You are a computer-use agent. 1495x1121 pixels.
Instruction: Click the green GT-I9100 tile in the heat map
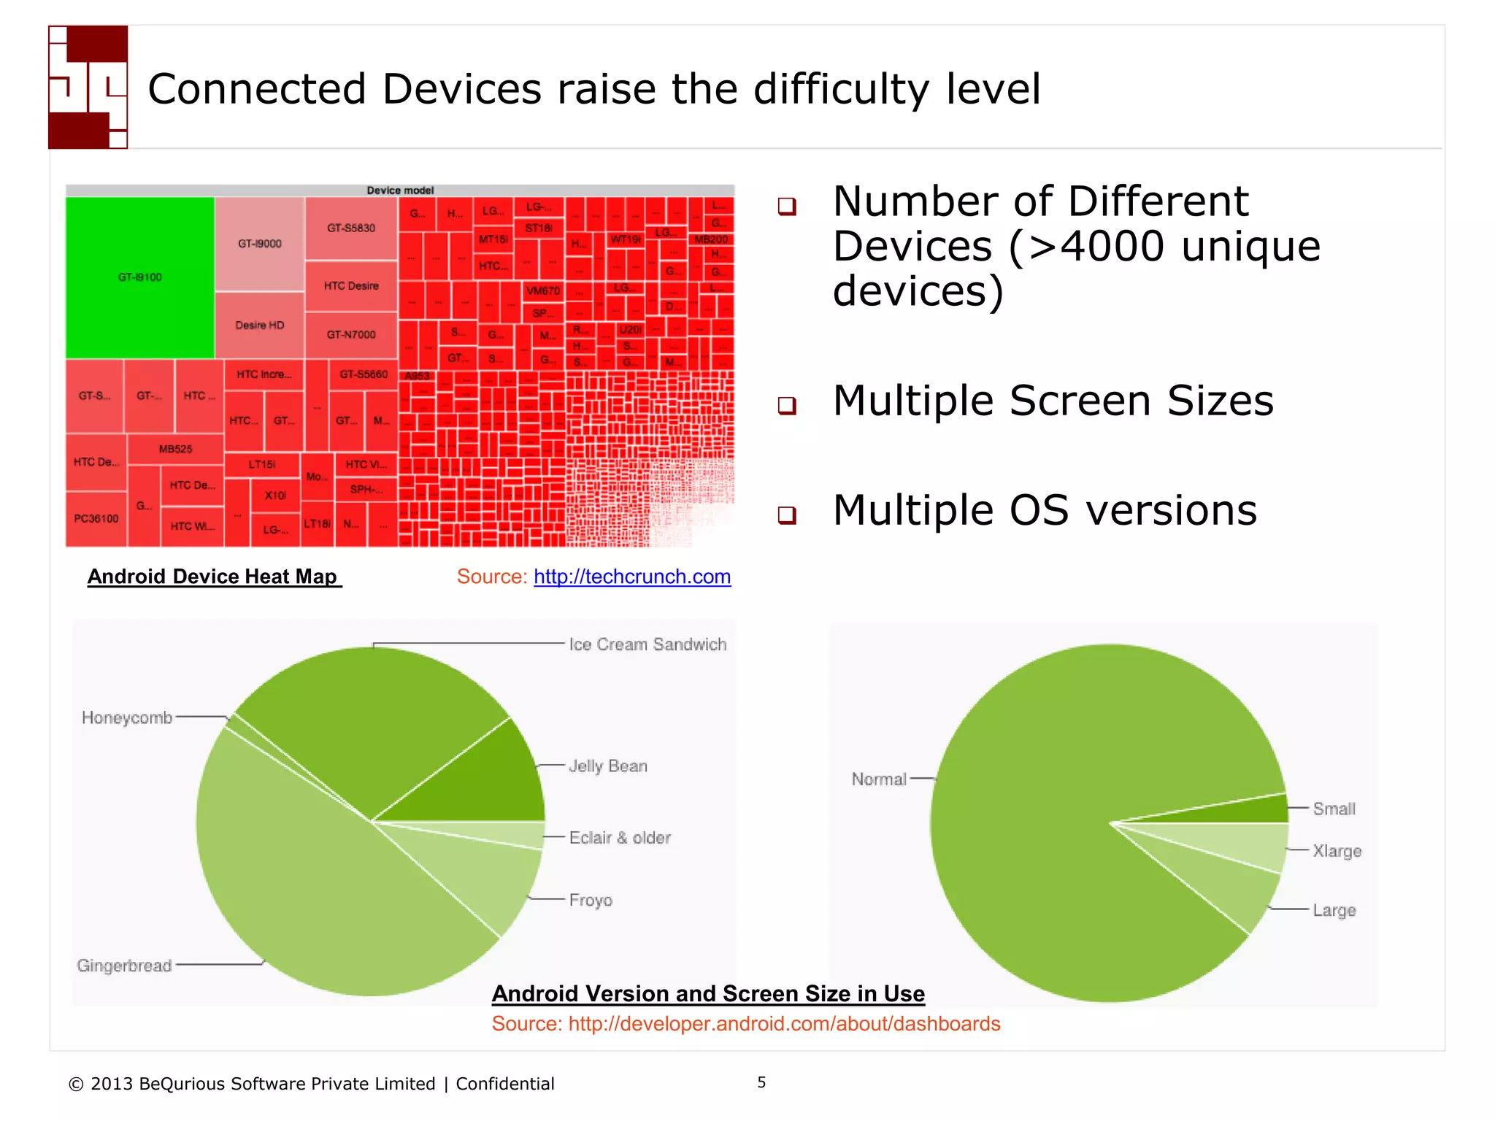139,277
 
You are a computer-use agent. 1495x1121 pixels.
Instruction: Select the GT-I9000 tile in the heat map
259,244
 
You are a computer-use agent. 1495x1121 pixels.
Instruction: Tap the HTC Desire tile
351,285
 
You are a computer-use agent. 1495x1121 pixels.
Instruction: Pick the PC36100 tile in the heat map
96,519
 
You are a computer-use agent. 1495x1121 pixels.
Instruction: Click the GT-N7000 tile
351,334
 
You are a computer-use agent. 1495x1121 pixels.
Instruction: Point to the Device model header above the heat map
400,190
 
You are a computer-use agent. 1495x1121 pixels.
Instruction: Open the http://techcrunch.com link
632,577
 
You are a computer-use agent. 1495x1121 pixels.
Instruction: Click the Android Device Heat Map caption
213,577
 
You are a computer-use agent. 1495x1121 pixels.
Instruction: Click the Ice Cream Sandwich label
647,644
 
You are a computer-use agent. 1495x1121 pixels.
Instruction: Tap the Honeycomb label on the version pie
127,717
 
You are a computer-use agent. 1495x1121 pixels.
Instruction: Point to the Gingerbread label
124,966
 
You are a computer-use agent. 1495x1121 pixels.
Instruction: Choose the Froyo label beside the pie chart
591,900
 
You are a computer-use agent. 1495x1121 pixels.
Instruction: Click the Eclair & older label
620,838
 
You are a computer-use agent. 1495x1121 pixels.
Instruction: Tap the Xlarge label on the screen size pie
1337,851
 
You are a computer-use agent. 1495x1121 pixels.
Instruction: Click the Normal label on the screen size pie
879,779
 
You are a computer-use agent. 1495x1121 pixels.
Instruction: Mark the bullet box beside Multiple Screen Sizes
787,405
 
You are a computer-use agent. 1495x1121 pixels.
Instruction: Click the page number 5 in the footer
761,1082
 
